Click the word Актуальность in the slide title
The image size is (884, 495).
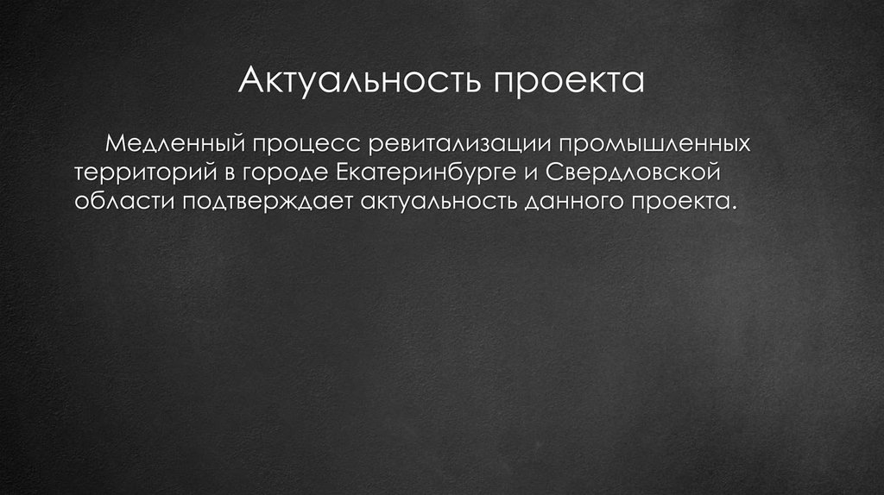click(360, 82)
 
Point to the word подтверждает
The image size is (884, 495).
click(264, 202)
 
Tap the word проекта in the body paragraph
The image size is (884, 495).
click(685, 202)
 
